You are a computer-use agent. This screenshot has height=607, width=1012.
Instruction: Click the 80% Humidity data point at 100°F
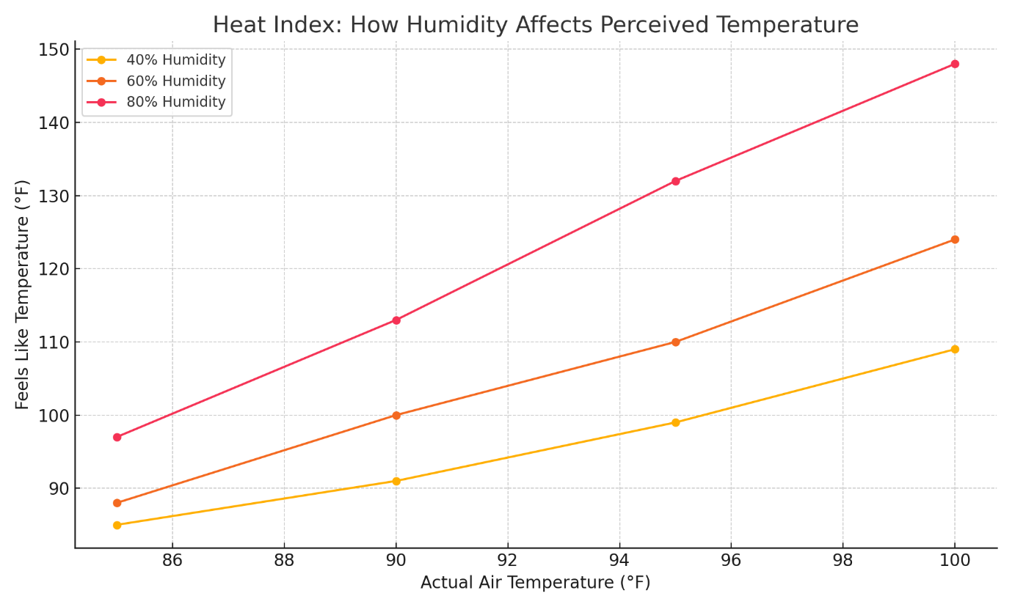(955, 64)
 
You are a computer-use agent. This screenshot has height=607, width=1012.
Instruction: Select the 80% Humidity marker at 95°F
(675, 181)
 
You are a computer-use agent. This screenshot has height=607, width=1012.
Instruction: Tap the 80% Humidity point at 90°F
(396, 320)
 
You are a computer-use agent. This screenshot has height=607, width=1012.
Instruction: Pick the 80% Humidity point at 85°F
(117, 437)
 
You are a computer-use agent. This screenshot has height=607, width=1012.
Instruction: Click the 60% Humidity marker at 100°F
(955, 240)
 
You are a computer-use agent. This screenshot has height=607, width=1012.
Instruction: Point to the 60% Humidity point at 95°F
(675, 342)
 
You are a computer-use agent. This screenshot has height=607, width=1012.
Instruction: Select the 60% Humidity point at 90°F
(396, 415)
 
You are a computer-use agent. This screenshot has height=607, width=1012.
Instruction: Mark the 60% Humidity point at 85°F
(117, 503)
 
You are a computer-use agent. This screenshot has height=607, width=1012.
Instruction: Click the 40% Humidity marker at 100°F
(955, 349)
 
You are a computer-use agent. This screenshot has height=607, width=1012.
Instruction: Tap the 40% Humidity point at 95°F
(675, 422)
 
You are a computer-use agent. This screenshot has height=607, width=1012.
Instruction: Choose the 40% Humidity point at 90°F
(396, 481)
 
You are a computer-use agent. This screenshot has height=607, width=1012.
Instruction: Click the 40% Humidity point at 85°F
(117, 525)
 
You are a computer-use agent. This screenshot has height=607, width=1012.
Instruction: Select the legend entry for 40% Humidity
(175, 60)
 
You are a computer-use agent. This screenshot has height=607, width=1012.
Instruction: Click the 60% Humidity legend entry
(175, 81)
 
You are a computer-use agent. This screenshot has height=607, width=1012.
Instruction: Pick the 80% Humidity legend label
(175, 103)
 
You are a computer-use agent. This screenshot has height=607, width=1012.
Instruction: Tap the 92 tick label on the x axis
(508, 561)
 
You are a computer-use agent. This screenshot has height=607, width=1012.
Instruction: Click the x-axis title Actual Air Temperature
(535, 583)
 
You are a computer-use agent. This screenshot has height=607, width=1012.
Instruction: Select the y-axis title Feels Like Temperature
(23, 294)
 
